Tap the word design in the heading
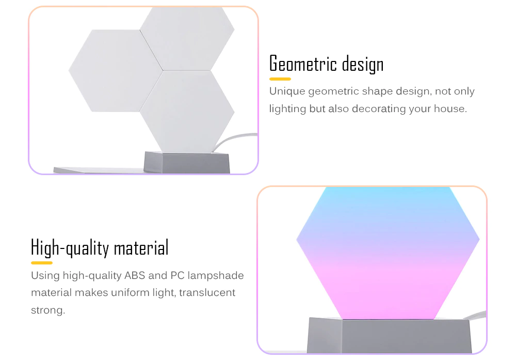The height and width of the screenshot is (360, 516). tap(363, 64)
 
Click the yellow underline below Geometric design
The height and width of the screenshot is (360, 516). tap(280, 79)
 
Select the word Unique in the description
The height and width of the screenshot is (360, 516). tap(287, 91)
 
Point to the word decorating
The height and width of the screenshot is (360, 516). tap(379, 109)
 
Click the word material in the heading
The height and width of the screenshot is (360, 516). tap(141, 248)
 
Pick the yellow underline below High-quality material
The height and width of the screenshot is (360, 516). tap(42, 263)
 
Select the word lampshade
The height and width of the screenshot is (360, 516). tap(216, 276)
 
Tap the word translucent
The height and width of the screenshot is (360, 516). tap(207, 292)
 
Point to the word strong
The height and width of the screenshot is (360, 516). tap(48, 310)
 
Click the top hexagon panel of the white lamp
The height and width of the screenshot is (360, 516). tap(187, 39)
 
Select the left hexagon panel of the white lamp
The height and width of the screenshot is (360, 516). tap(116, 71)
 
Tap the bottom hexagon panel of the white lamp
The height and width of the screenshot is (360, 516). tap(187, 112)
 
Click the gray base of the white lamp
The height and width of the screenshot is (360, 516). tap(187, 162)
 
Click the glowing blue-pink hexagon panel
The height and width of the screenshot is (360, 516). tap(388, 253)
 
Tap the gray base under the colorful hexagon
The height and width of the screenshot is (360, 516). tap(389, 335)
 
